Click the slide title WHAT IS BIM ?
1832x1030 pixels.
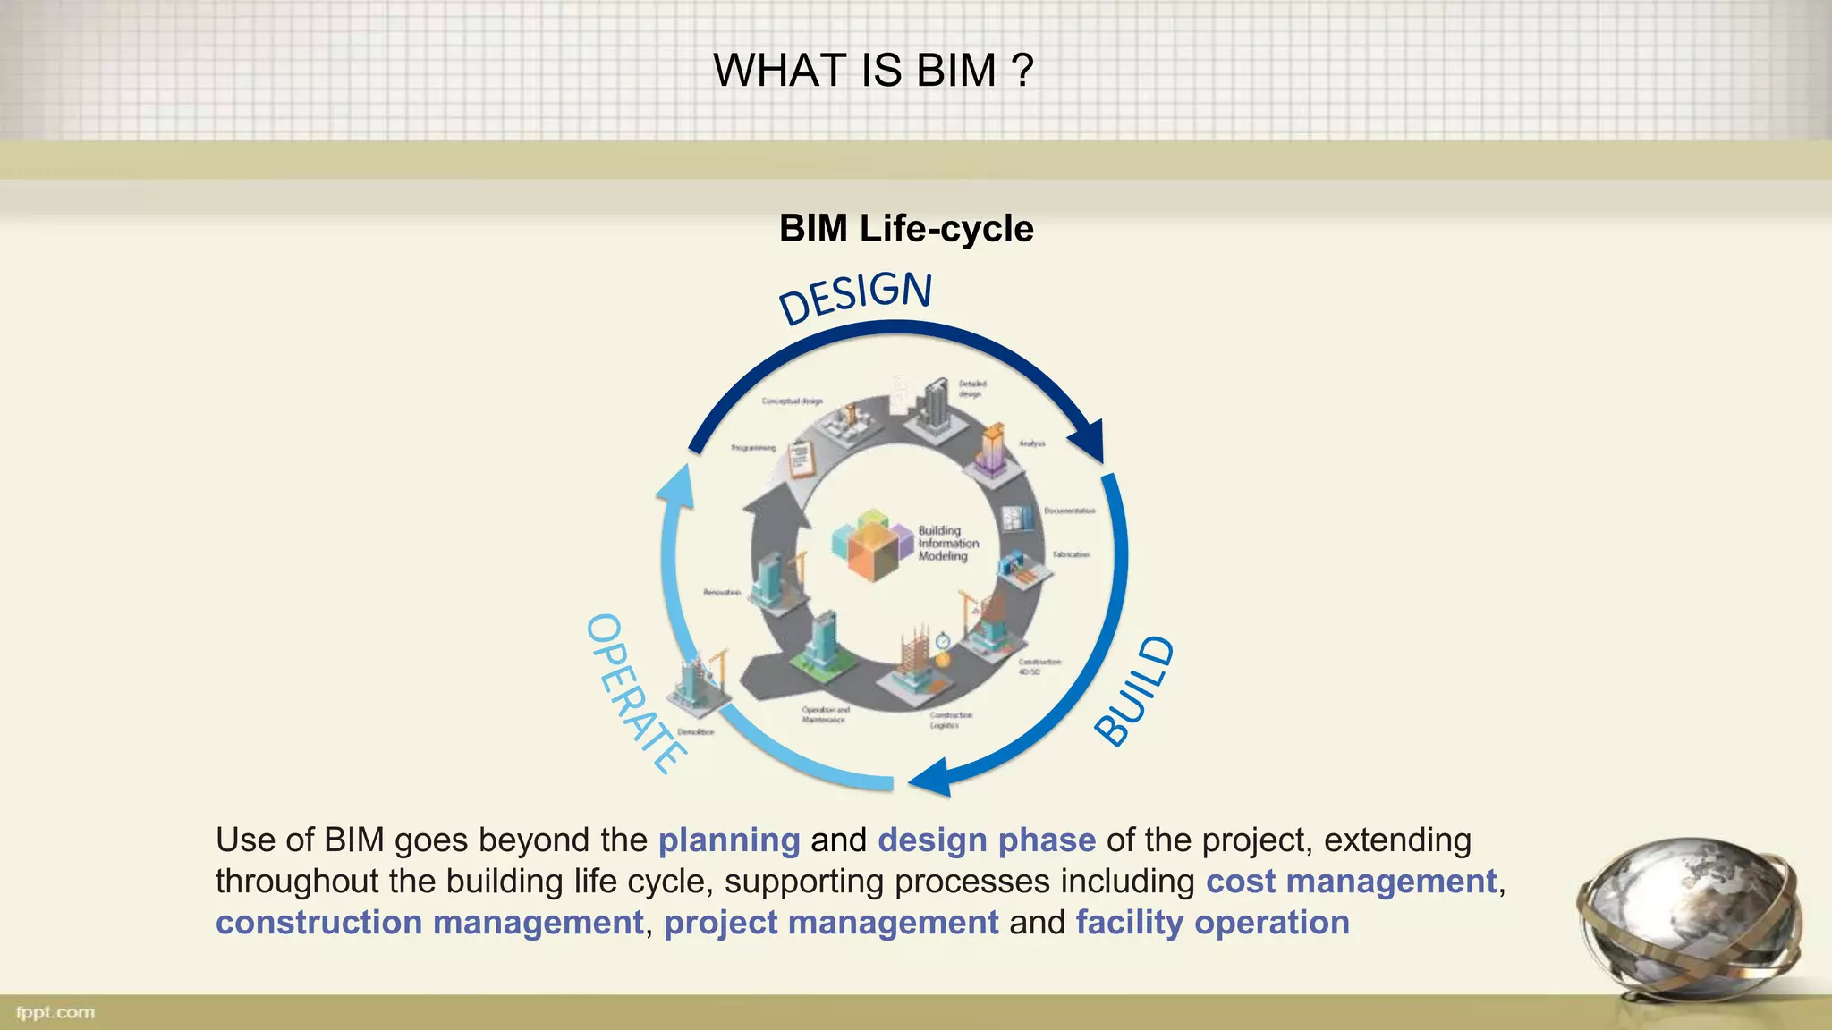[873, 71]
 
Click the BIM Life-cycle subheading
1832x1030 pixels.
[906, 229]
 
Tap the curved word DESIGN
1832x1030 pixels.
[855, 297]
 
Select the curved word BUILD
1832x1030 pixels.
[1134, 690]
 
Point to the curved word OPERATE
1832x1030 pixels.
[635, 693]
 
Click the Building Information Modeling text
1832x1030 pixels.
[947, 543]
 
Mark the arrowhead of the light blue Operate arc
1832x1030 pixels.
[676, 488]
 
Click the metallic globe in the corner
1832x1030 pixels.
[1691, 921]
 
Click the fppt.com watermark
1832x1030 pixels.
[55, 1012]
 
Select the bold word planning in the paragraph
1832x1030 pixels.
[728, 840]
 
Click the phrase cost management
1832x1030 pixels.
[1351, 882]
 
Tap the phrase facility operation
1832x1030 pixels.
[1212, 923]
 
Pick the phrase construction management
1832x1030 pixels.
[429, 923]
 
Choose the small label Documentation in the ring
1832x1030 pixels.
[1069, 511]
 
